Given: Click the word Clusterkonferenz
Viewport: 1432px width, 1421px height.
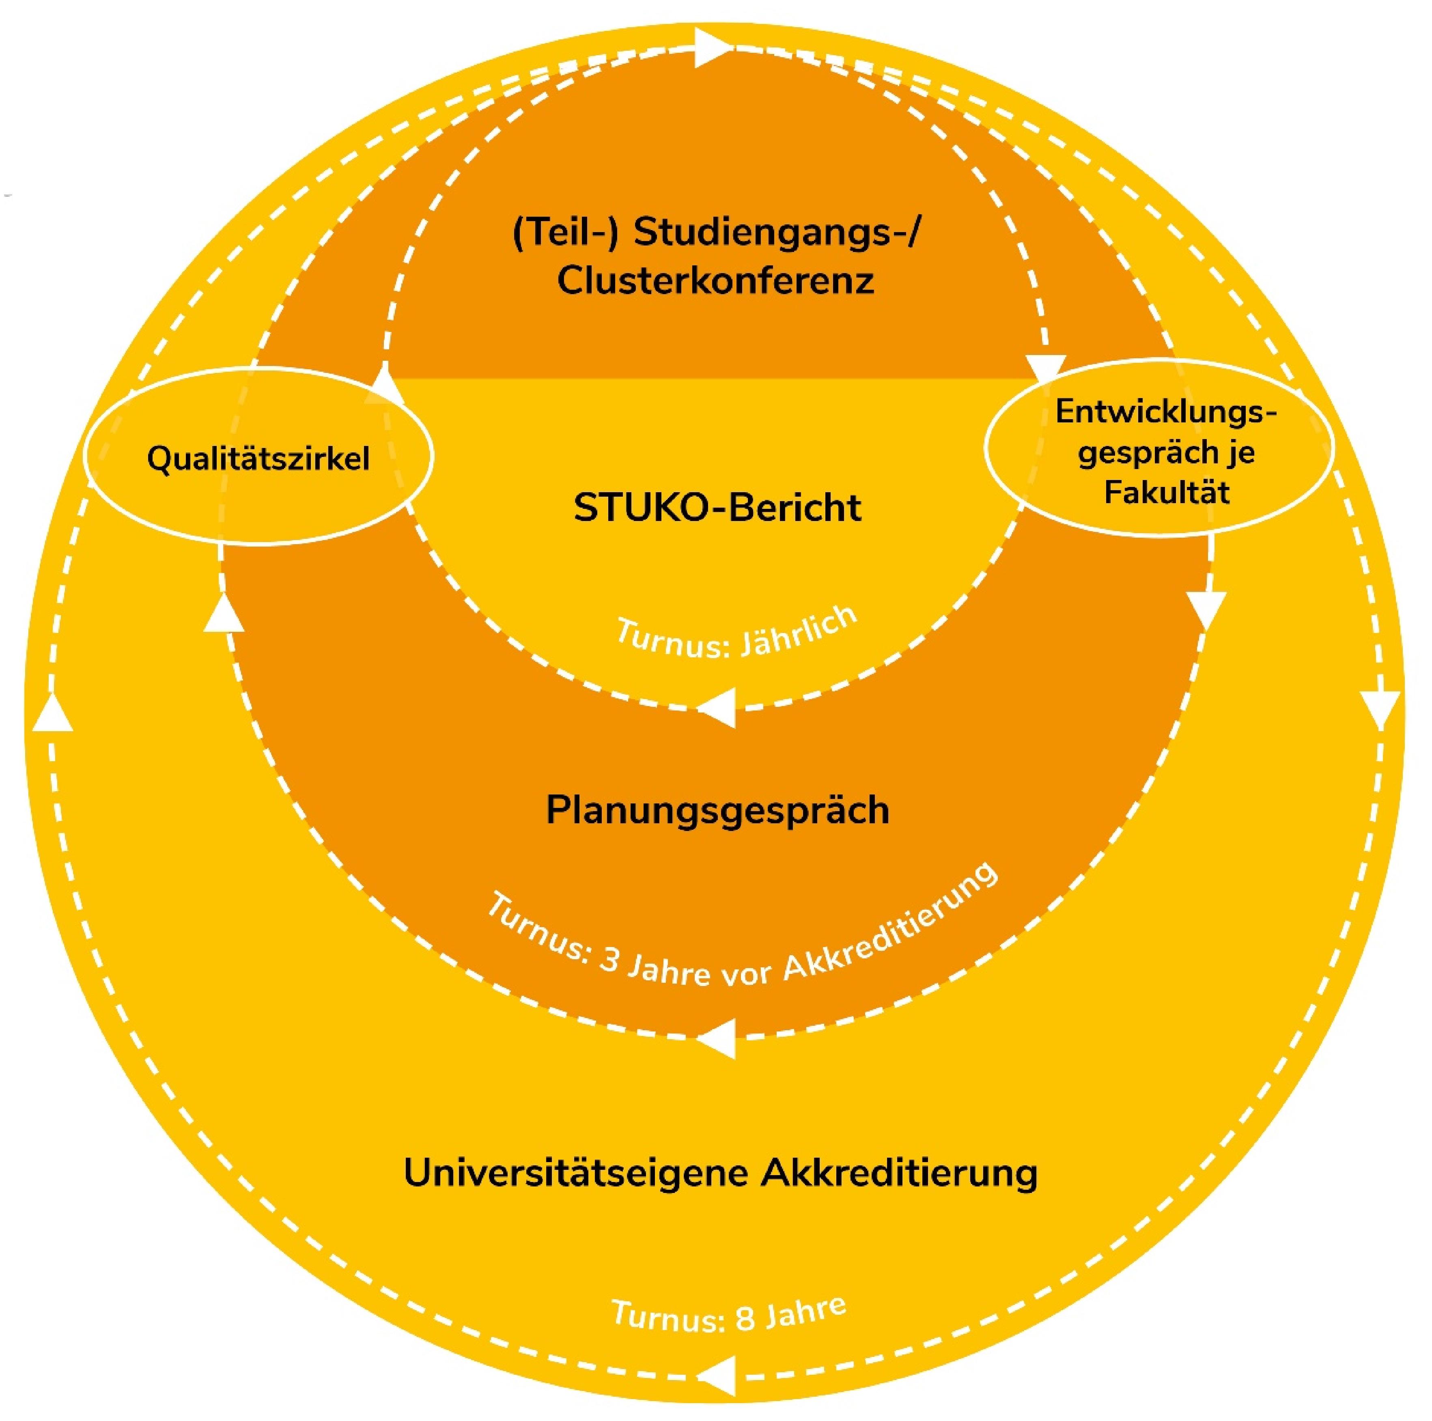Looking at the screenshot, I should (715, 281).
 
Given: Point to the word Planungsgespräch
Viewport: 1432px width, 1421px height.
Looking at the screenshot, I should (717, 810).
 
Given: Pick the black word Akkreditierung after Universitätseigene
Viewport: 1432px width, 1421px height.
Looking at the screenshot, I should (899, 1173).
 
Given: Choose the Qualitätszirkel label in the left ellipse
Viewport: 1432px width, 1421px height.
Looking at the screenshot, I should (258, 459).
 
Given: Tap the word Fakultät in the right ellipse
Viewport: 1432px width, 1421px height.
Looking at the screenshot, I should (1167, 492).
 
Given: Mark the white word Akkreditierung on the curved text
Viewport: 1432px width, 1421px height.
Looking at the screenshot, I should (889, 927).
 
